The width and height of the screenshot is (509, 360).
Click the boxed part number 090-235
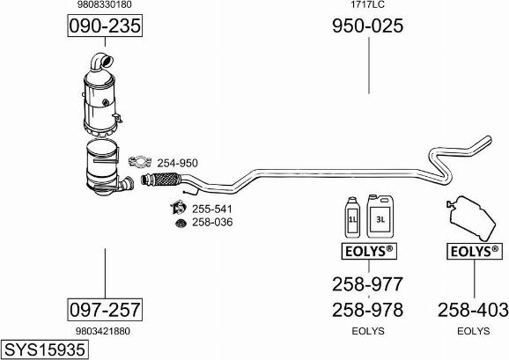click(x=105, y=26)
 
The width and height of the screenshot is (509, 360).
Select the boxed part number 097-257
click(x=105, y=310)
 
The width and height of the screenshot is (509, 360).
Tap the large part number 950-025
click(x=367, y=26)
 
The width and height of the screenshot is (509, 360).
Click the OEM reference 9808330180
click(x=105, y=4)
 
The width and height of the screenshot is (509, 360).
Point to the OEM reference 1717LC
click(x=367, y=4)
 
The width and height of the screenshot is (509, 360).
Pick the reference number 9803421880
click(x=103, y=331)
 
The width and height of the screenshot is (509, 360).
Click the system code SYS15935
click(x=45, y=349)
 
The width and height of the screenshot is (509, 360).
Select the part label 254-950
click(x=177, y=163)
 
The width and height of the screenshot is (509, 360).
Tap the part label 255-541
click(x=212, y=209)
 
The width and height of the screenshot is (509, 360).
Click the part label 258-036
click(x=212, y=222)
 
